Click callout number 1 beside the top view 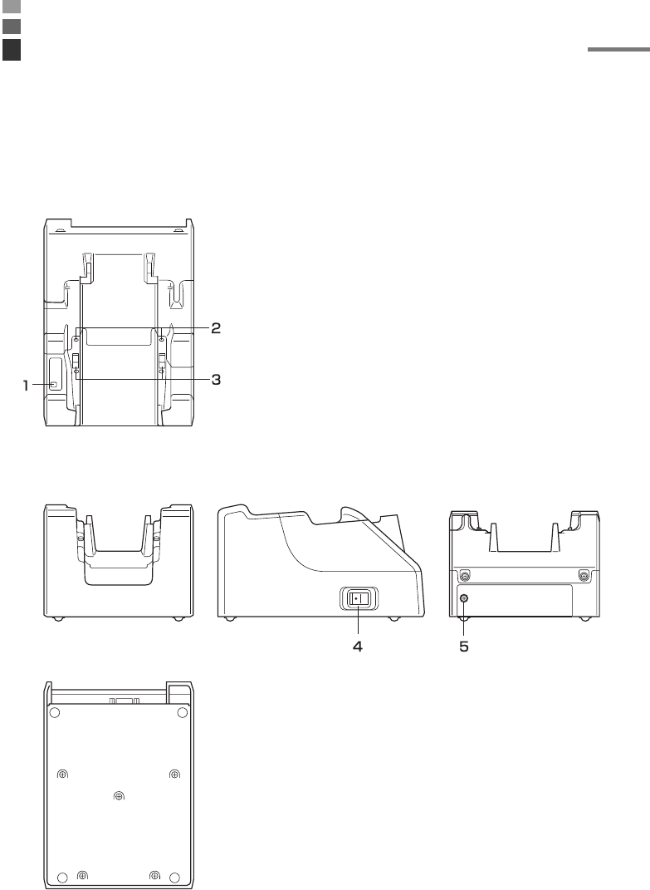(x=26, y=386)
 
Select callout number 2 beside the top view (x=216, y=328)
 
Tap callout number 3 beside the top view (x=216, y=379)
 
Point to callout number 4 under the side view (x=358, y=646)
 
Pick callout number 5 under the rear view (x=464, y=646)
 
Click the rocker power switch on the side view (x=359, y=599)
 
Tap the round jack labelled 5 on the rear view (x=464, y=598)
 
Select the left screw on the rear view (x=465, y=576)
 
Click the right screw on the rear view (x=583, y=576)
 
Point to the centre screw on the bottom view (x=119, y=796)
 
